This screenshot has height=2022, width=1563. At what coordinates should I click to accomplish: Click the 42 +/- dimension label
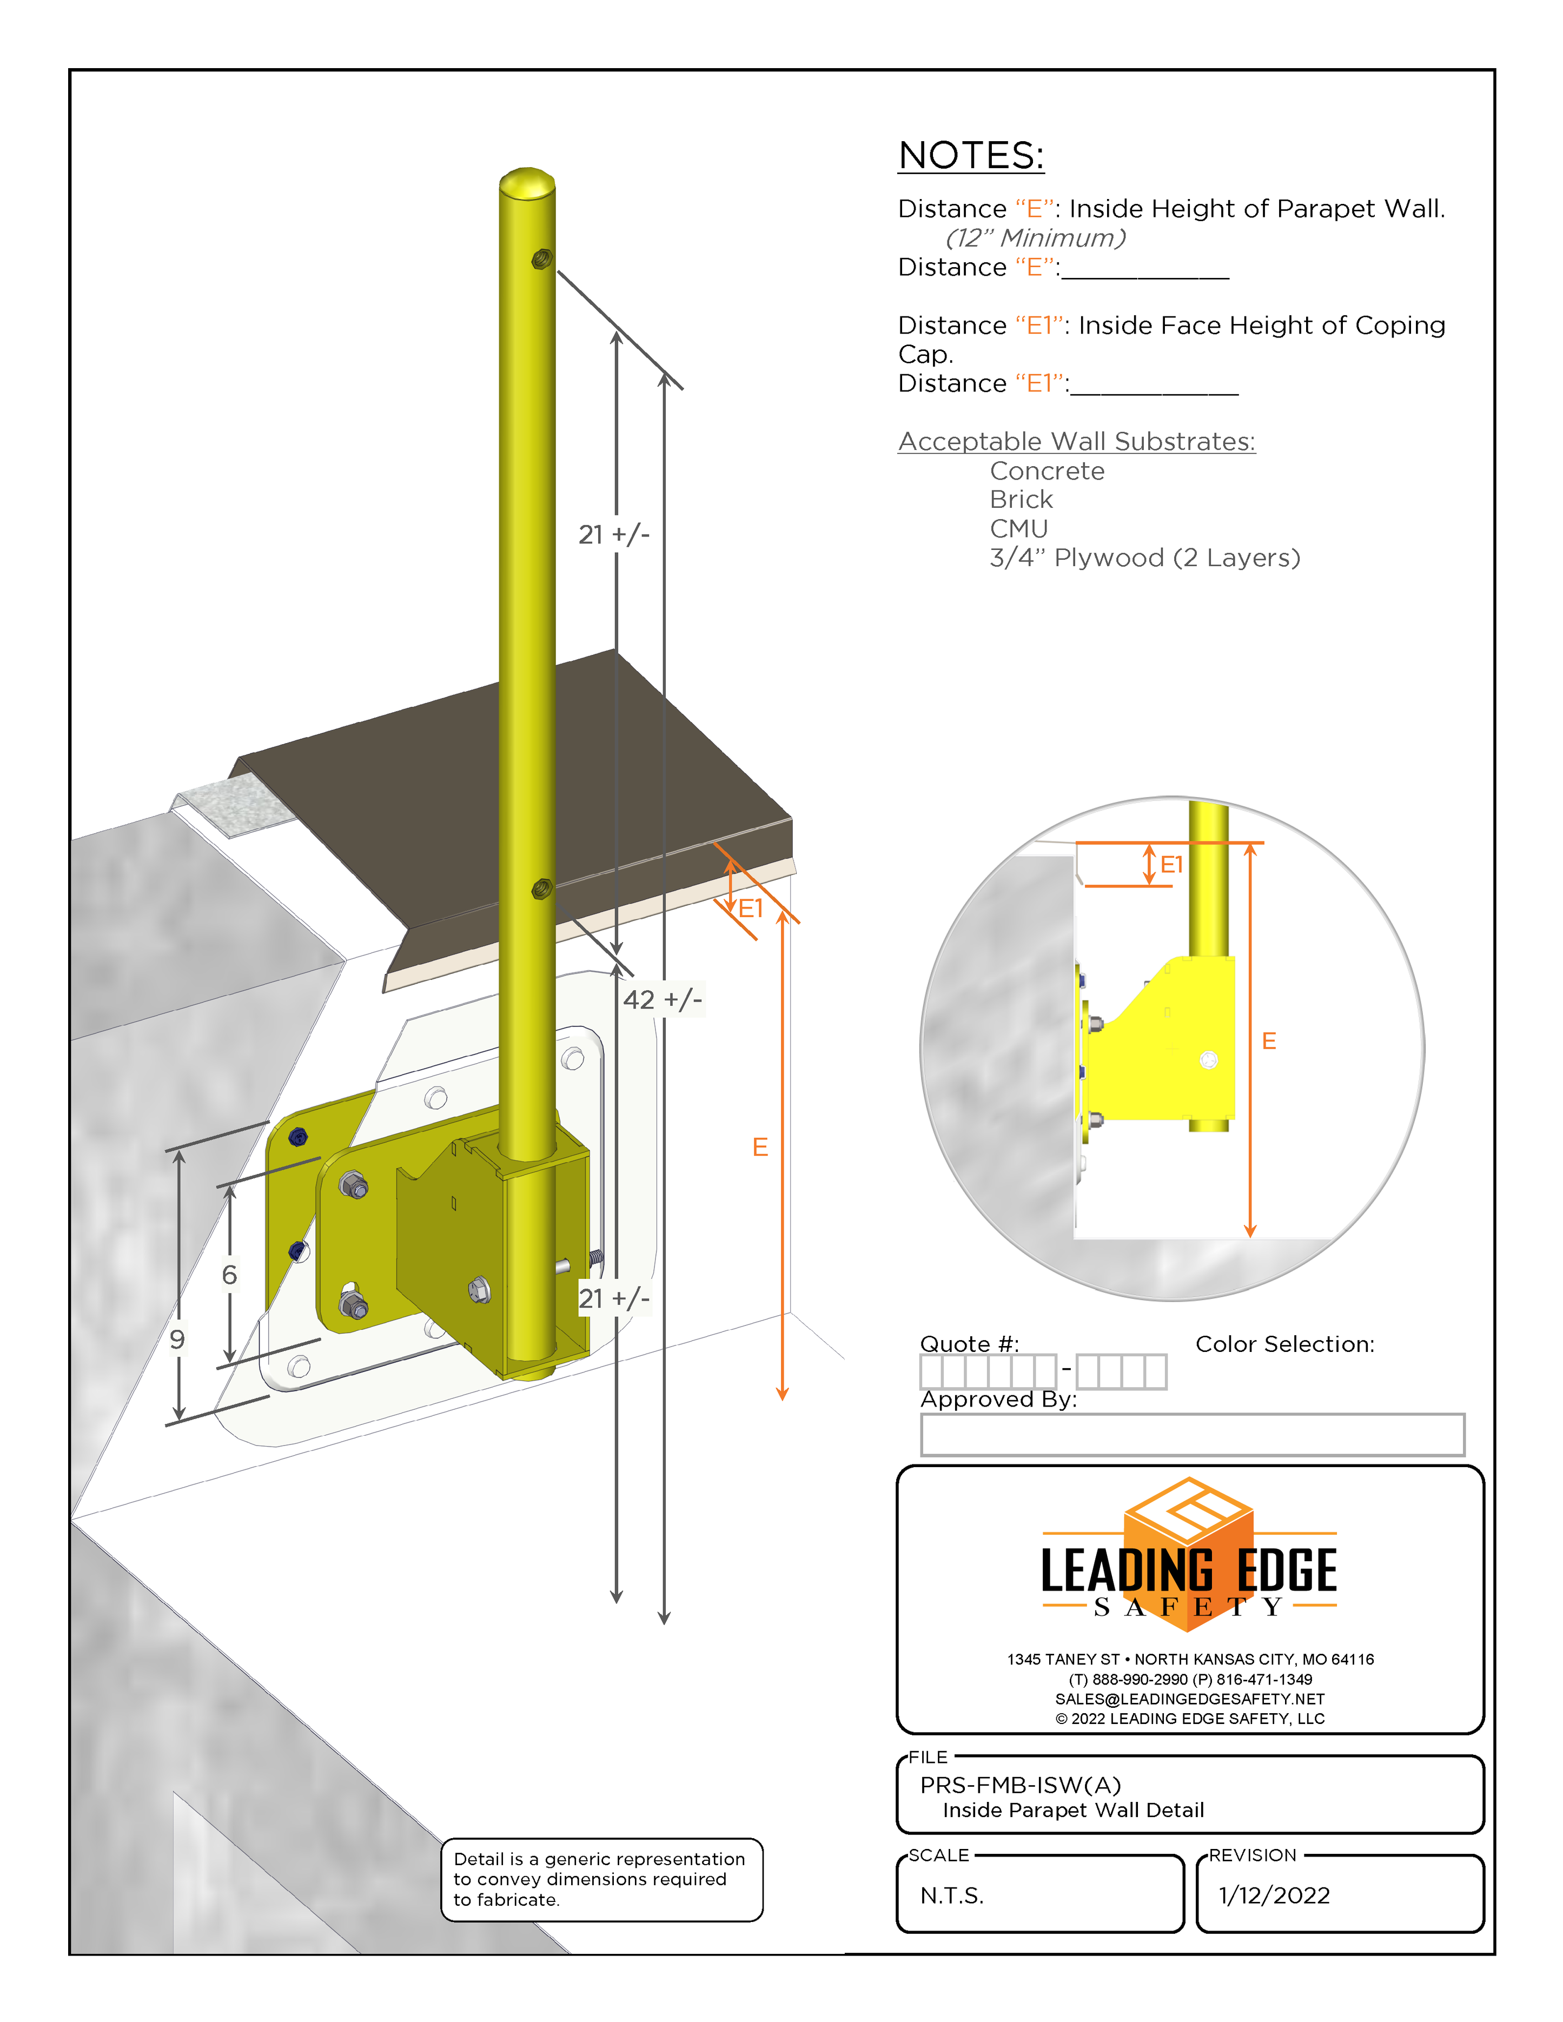pyautogui.click(x=662, y=1000)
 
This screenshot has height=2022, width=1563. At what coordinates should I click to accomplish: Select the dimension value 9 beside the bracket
pyautogui.click(x=177, y=1339)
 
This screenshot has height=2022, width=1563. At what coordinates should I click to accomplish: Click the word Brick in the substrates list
pyautogui.click(x=1021, y=500)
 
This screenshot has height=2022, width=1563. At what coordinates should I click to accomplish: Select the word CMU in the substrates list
pyautogui.click(x=1018, y=529)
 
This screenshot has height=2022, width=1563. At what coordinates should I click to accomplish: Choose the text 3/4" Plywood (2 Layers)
pyautogui.click(x=1144, y=558)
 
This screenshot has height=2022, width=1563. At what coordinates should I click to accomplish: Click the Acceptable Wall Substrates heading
pyautogui.click(x=1076, y=442)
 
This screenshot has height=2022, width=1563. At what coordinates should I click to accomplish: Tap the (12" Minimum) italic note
pyautogui.click(x=1035, y=238)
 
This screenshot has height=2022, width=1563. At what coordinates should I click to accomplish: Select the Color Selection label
pyautogui.click(x=1284, y=1344)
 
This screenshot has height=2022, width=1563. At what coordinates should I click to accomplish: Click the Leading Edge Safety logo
pyautogui.click(x=1189, y=1564)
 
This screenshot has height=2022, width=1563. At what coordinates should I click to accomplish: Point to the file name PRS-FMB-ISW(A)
pyautogui.click(x=1021, y=1785)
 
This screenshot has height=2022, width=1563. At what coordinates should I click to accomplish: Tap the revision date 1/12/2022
pyautogui.click(x=1274, y=1895)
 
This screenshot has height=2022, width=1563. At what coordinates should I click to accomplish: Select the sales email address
pyautogui.click(x=1190, y=1699)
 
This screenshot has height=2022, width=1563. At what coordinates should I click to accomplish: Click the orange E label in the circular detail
pyautogui.click(x=1269, y=1042)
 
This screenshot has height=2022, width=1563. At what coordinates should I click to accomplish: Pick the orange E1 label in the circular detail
pyautogui.click(x=1171, y=865)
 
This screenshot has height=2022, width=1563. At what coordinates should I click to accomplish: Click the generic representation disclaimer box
pyautogui.click(x=601, y=1879)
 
